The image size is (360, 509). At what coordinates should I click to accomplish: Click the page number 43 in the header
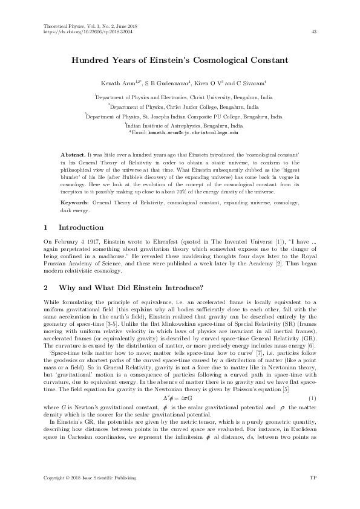[x=313, y=32]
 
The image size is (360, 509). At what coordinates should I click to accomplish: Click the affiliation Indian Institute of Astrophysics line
[x=180, y=124]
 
